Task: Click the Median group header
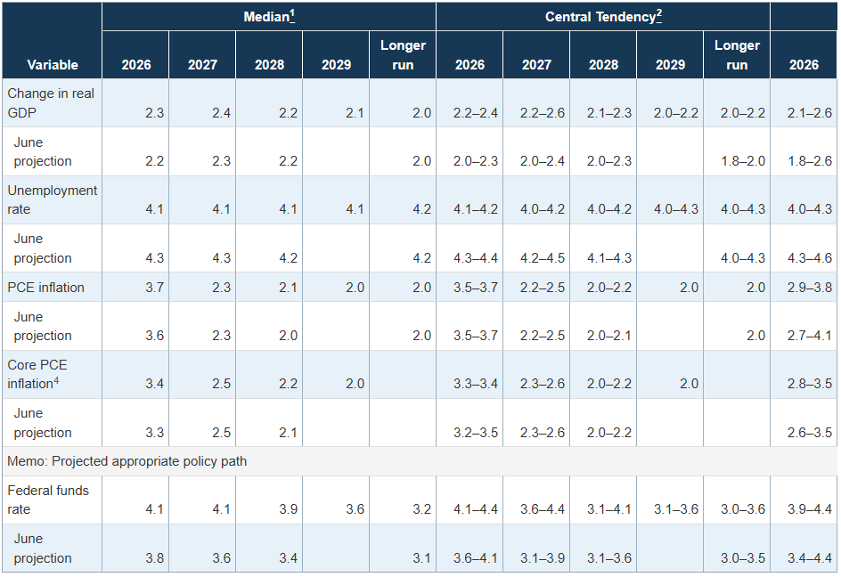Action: (266, 17)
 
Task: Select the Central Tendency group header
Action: (600, 17)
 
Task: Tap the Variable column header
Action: (53, 65)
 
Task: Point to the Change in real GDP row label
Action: (51, 103)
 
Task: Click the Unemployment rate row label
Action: (52, 199)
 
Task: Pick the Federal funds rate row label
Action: (48, 500)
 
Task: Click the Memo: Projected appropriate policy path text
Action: (127, 461)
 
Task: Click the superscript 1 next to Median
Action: (292, 13)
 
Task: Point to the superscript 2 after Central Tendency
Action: (659, 13)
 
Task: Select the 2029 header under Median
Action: (336, 65)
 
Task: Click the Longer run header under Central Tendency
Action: (737, 55)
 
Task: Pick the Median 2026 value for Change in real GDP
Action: (154, 113)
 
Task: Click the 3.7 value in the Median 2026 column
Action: (154, 288)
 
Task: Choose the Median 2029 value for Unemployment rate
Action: (355, 209)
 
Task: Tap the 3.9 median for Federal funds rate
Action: (288, 509)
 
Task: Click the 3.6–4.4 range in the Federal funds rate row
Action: (543, 509)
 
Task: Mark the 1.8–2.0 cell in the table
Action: (743, 161)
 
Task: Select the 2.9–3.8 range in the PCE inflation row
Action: (809, 288)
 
